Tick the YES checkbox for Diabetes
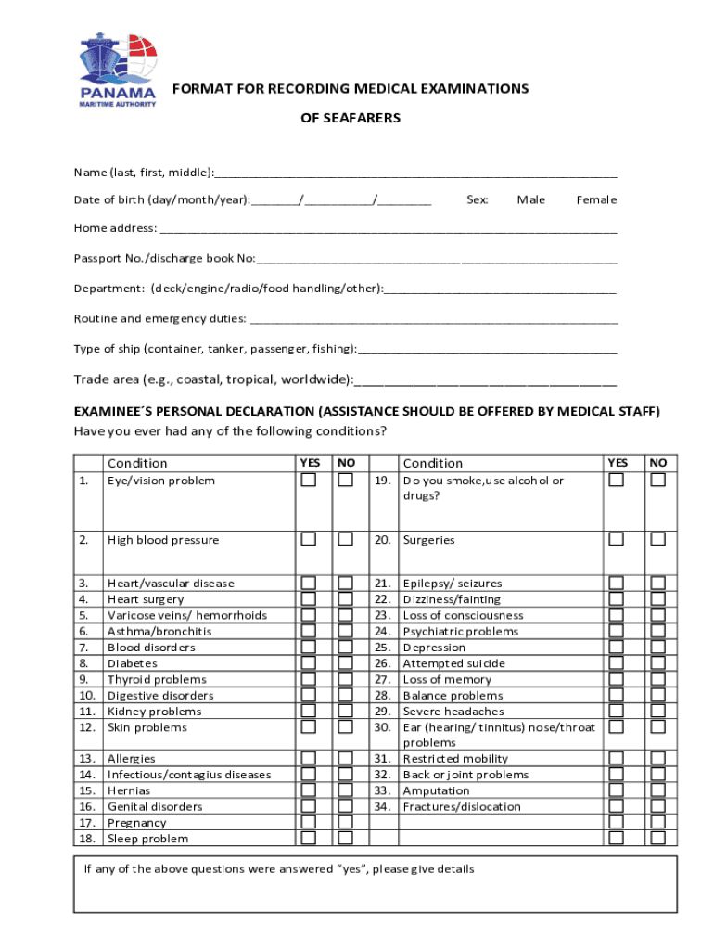pos(308,662)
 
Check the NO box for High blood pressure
pos(345,539)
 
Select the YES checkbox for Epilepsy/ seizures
pos(616,583)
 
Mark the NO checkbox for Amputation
pos(657,790)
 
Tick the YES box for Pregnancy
pos(308,822)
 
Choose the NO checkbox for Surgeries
pos(657,539)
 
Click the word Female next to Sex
pos(596,199)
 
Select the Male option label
pos(531,199)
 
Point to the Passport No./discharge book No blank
pos(436,259)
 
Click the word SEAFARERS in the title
pos(351,118)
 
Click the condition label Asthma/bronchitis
pos(159,631)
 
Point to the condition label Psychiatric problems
pos(460,631)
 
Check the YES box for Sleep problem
pos(308,838)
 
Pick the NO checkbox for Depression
pos(657,647)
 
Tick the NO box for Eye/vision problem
pos(345,480)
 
